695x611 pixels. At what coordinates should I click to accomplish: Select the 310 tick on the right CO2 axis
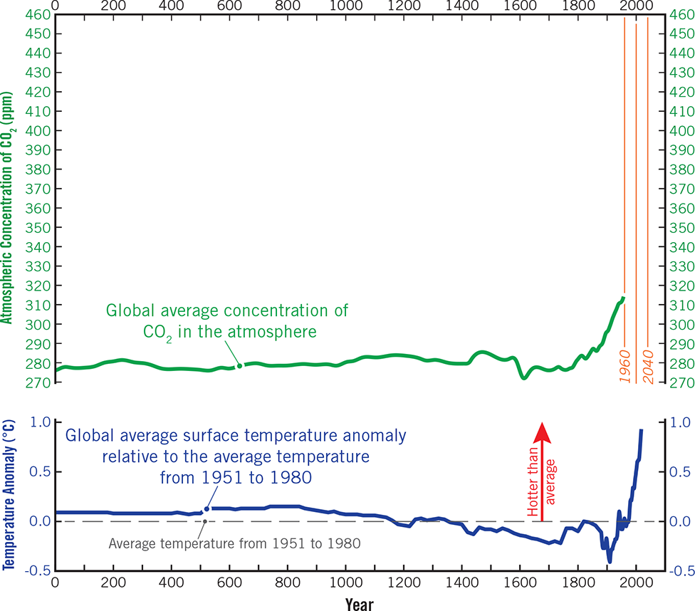tap(679, 305)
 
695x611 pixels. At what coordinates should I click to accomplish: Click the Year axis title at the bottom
tap(360, 602)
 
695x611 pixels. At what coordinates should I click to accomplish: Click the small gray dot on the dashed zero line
tap(205, 521)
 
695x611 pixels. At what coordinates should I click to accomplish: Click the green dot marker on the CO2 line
tap(240, 366)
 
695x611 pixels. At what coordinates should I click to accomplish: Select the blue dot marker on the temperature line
tap(207, 509)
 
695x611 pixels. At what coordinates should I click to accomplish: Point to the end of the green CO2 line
tap(623, 298)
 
